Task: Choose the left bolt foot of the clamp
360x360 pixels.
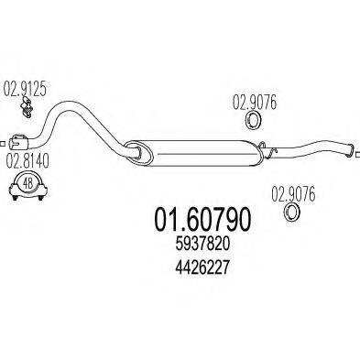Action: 11,191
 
